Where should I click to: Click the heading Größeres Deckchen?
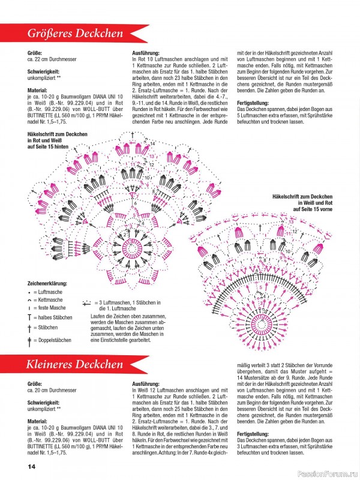(x=76, y=34)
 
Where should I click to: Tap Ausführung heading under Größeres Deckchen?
(x=148, y=53)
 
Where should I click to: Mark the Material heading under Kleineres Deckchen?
(x=38, y=421)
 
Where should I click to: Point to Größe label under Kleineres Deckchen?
(x=35, y=383)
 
